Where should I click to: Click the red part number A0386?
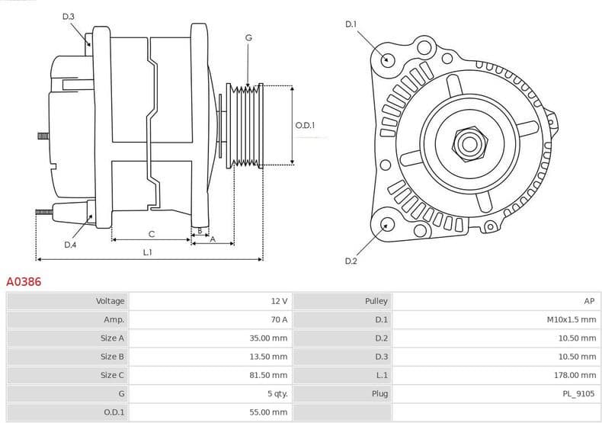point(24,282)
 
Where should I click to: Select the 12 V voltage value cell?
point(279,301)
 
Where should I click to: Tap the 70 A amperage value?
point(279,319)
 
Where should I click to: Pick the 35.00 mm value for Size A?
point(269,338)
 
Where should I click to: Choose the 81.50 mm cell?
point(269,375)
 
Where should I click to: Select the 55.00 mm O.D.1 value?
point(269,412)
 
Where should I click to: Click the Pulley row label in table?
point(376,301)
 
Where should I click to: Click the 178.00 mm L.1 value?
point(575,375)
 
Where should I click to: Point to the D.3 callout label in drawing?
point(69,16)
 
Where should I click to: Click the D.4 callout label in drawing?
point(70,245)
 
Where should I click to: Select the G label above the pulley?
point(248,37)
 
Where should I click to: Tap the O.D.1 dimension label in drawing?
point(305,125)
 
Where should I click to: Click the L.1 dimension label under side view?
point(148,252)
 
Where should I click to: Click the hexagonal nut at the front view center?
point(467,143)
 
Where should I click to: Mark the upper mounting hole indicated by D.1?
point(387,59)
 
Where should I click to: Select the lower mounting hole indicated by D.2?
point(386,224)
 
